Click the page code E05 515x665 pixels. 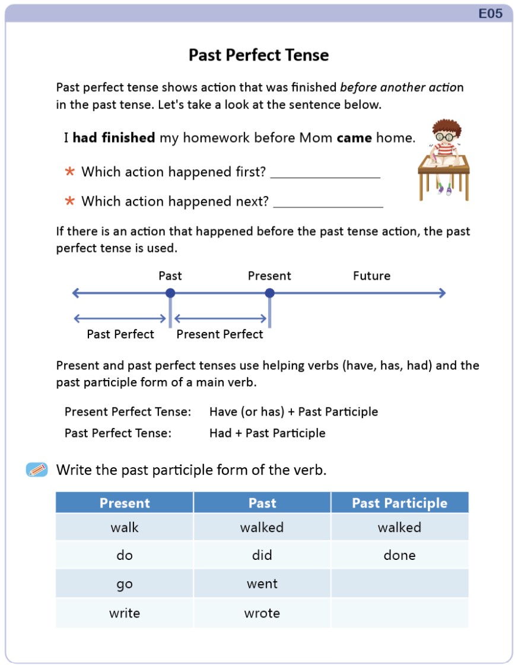(491, 14)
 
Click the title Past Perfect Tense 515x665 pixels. (259, 55)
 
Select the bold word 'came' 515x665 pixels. (354, 138)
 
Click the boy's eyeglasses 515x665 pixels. (441, 137)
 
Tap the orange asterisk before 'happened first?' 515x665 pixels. (70, 172)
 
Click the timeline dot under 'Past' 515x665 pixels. (170, 293)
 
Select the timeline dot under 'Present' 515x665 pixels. (269, 293)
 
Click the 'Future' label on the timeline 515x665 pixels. (371, 276)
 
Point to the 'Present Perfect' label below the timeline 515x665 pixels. (220, 334)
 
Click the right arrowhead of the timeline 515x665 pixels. (441, 293)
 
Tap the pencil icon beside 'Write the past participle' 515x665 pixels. (37, 470)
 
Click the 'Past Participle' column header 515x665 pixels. (399, 503)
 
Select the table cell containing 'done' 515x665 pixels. (399, 555)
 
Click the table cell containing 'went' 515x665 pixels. (262, 584)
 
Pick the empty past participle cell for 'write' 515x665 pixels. (399, 613)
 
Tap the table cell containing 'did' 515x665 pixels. (262, 555)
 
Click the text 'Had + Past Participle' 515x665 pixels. (267, 433)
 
